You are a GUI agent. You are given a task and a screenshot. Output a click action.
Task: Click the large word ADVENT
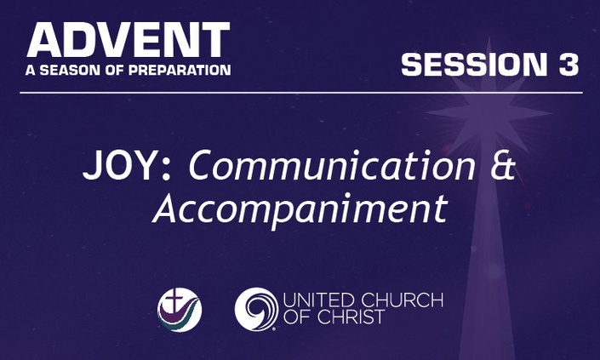(129, 40)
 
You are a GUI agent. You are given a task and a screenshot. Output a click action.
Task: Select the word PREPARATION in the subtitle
(180, 70)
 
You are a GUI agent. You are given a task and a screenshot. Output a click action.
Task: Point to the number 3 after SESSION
(569, 64)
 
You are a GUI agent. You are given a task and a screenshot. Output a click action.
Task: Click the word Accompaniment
(300, 209)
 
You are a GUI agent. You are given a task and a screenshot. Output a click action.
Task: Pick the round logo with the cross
(180, 310)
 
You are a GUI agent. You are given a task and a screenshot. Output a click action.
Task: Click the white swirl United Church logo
(256, 309)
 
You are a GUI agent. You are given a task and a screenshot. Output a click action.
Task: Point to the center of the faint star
(489, 113)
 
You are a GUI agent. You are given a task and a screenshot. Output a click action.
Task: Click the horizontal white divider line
(301, 93)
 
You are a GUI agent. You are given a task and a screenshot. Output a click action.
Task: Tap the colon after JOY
(166, 169)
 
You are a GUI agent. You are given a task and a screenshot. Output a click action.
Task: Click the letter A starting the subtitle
(31, 70)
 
